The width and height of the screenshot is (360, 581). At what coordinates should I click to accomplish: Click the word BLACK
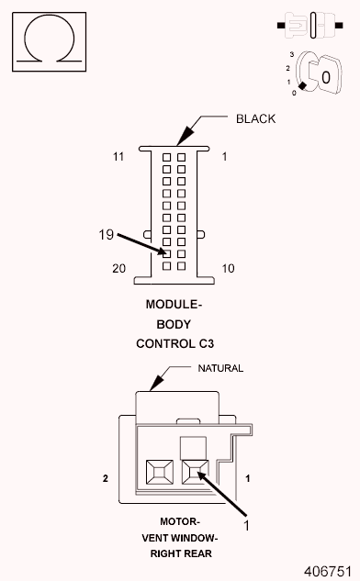pyautogui.click(x=255, y=119)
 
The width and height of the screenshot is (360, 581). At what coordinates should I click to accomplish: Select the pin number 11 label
pyautogui.click(x=118, y=157)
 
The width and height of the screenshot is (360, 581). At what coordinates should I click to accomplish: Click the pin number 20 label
pyautogui.click(x=118, y=268)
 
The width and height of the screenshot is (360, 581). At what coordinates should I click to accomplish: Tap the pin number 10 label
pyautogui.click(x=230, y=268)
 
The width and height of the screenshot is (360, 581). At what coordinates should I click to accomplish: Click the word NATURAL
pyautogui.click(x=221, y=368)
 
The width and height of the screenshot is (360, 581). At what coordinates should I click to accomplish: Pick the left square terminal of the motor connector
pyautogui.click(x=155, y=473)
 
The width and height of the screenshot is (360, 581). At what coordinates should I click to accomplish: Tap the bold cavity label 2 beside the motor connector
pyautogui.click(x=107, y=479)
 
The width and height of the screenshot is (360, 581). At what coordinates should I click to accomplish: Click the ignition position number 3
pyautogui.click(x=289, y=55)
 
